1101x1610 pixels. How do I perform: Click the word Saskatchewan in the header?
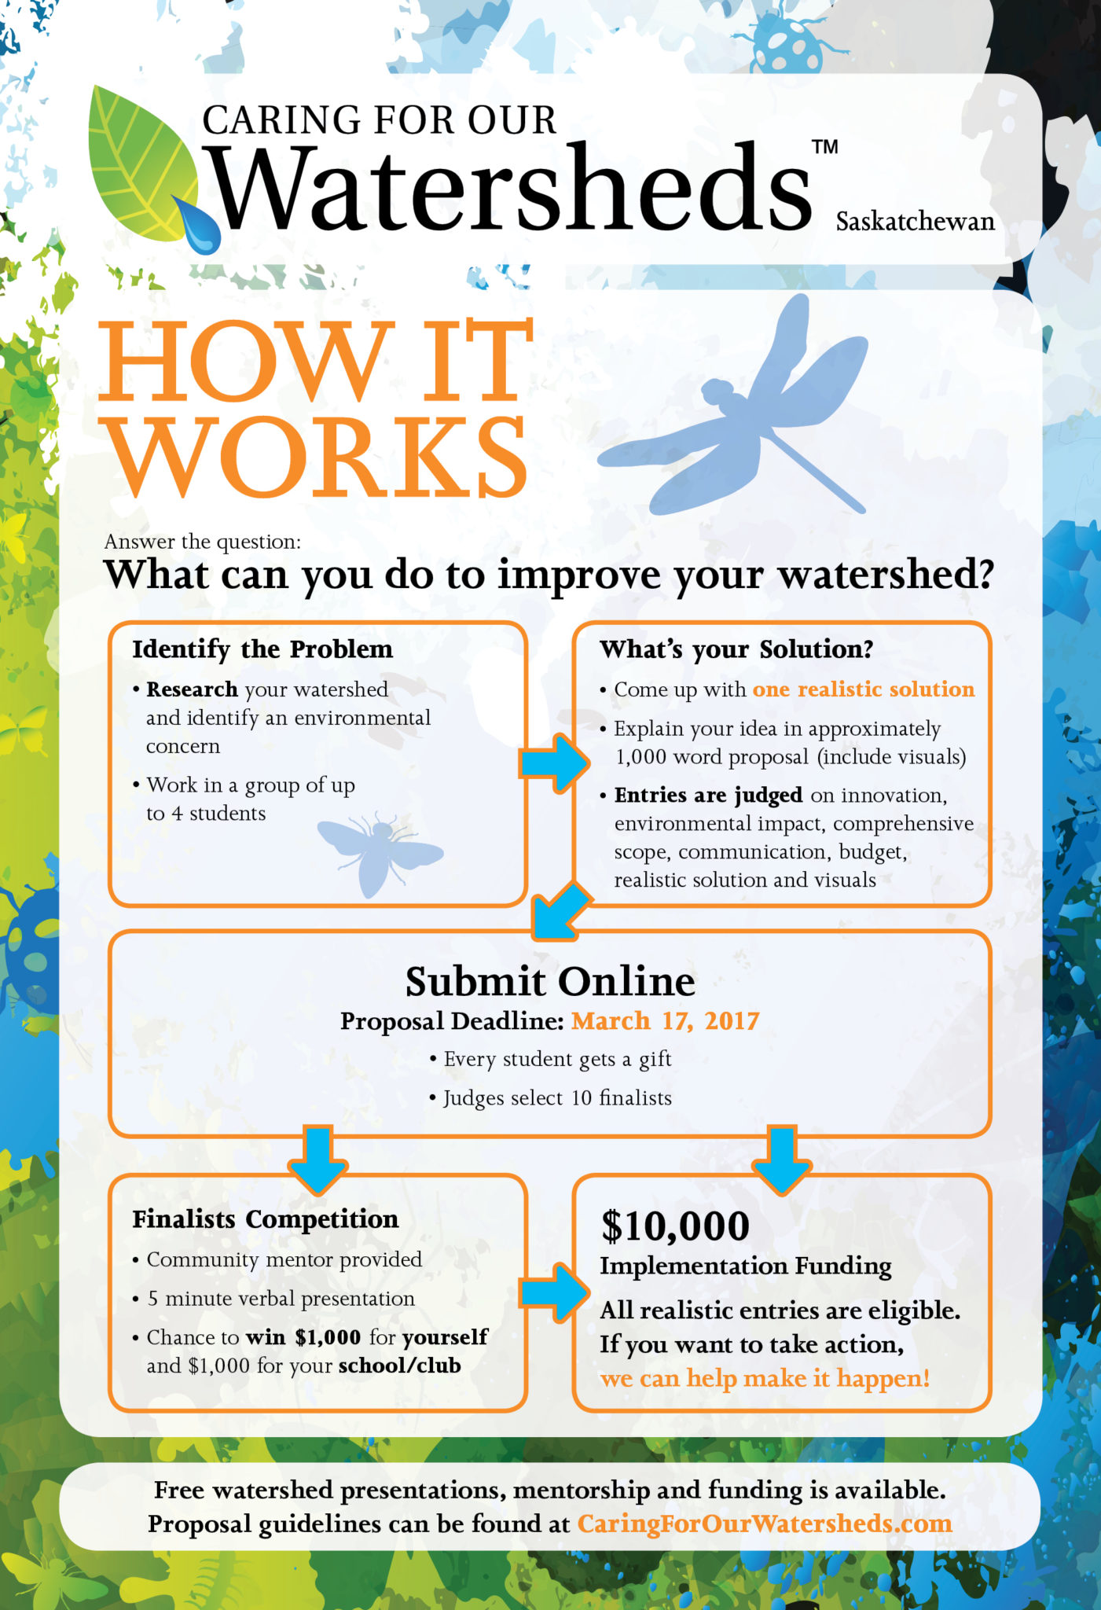pyautogui.click(x=915, y=222)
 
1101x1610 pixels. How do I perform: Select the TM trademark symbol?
pyautogui.click(x=824, y=147)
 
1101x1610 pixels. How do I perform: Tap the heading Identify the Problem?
pyautogui.click(x=262, y=649)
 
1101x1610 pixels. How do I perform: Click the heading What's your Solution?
pyautogui.click(x=736, y=649)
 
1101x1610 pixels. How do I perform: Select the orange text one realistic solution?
pyautogui.click(x=864, y=689)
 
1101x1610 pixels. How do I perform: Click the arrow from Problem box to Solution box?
pyautogui.click(x=554, y=762)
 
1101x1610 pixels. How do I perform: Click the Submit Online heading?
pyautogui.click(x=550, y=981)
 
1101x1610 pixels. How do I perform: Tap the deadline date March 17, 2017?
pyautogui.click(x=665, y=1020)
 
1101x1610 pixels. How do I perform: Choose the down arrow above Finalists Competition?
pyautogui.click(x=318, y=1161)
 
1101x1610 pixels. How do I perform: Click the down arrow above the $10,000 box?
pyautogui.click(x=782, y=1161)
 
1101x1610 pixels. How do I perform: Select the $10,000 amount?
pyautogui.click(x=675, y=1226)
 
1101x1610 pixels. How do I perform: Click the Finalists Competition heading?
pyautogui.click(x=266, y=1219)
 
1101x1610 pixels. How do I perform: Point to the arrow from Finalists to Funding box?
pyautogui.click(x=554, y=1292)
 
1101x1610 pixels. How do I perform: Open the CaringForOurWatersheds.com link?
pyautogui.click(x=765, y=1524)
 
